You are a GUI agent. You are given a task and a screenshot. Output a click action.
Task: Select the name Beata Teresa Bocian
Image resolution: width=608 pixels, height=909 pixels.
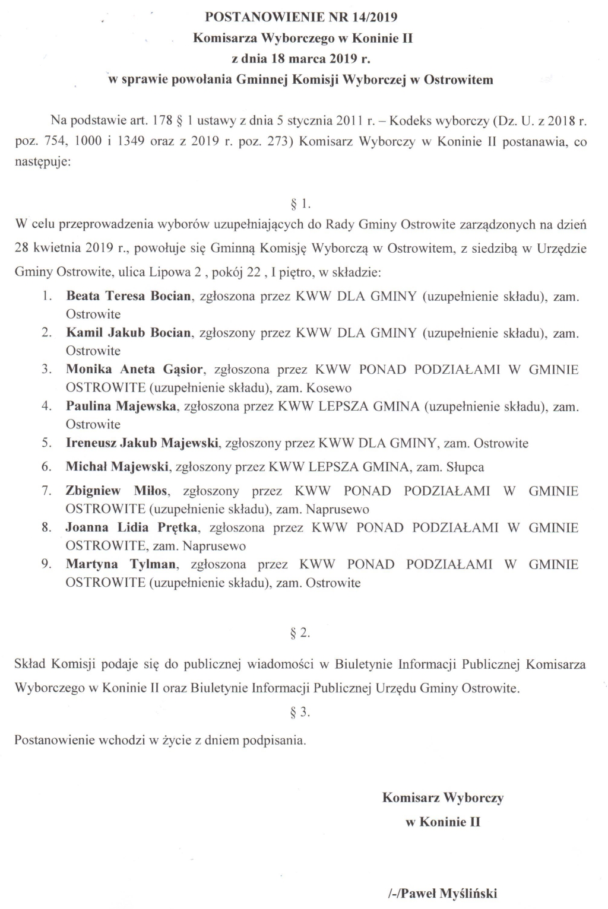click(x=129, y=295)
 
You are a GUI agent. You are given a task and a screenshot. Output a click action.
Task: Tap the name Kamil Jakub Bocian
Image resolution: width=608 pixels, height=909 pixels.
click(x=128, y=332)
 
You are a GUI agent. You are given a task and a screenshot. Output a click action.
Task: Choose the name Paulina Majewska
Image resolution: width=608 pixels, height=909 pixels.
click(x=121, y=406)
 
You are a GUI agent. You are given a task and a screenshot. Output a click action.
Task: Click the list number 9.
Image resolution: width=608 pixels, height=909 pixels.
click(x=46, y=564)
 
